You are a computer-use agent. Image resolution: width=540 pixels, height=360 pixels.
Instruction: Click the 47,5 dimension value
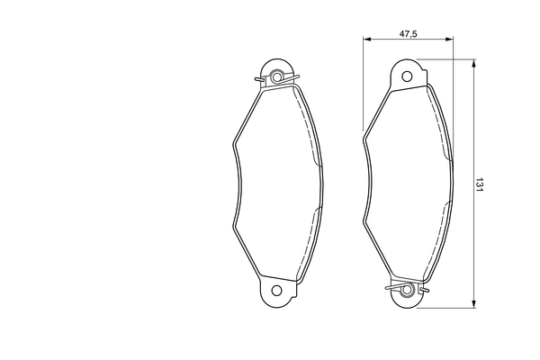coord(407,32)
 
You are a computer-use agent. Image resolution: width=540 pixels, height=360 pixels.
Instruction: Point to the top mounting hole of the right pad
coord(407,76)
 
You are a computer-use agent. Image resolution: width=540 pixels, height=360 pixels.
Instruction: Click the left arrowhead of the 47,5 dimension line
coord(365,40)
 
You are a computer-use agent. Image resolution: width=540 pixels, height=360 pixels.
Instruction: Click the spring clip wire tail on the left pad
coord(260,83)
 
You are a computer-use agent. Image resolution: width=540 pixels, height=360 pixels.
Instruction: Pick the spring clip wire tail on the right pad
coord(389,288)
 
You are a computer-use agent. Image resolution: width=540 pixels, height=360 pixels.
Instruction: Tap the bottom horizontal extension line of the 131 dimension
coord(445,307)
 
